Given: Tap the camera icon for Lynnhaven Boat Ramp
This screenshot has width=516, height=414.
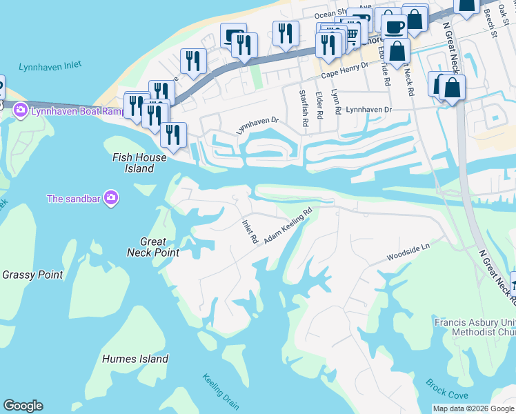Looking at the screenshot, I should point(20,110).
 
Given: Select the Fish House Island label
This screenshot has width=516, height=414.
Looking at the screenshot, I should point(139,163).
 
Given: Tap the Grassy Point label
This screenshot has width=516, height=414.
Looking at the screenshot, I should point(32,275).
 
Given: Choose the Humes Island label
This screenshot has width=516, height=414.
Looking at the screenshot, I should point(135,359).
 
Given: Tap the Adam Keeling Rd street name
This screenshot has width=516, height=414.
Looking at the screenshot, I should point(288,227).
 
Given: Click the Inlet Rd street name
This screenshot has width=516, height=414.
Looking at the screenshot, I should point(249,232).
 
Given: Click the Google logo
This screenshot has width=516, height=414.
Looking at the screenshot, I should point(23,406).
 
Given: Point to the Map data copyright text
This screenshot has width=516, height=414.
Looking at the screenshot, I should point(473,408).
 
